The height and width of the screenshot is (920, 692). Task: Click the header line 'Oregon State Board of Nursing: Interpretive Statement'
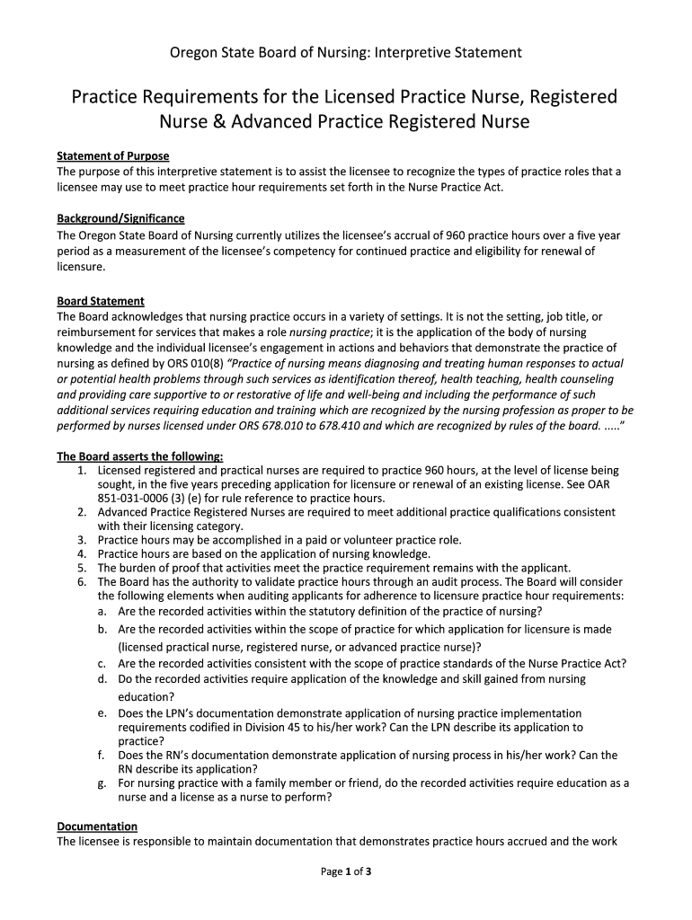tap(346, 53)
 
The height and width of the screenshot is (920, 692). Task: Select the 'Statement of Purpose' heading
tap(113, 156)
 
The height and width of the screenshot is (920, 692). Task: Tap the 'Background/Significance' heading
tap(120, 218)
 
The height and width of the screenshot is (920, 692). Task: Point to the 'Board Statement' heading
tap(101, 301)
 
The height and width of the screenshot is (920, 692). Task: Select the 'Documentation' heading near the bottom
tap(97, 826)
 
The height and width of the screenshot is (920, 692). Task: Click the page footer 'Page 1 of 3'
tap(346, 871)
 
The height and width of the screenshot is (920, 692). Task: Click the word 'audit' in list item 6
tap(419, 581)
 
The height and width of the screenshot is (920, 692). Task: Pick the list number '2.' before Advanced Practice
tap(81, 512)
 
